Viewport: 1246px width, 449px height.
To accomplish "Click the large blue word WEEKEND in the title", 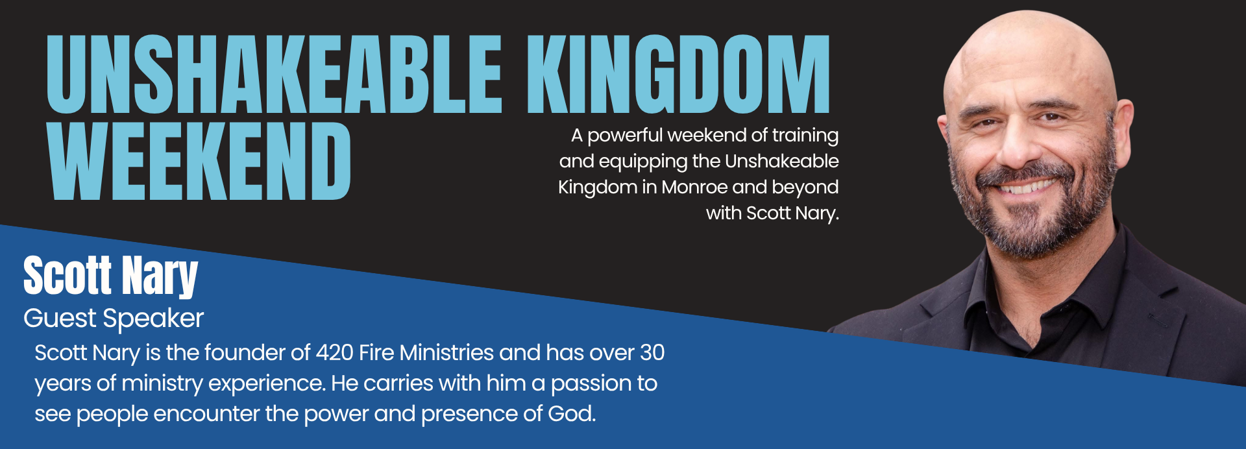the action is [x=199, y=161].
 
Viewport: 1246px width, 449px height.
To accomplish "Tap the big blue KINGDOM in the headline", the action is [x=678, y=74].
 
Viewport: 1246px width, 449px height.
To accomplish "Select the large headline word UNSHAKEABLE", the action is [x=274, y=74].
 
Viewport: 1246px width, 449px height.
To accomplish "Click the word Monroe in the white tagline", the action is [x=695, y=187].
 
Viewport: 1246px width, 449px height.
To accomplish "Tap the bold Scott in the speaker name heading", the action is [x=67, y=275].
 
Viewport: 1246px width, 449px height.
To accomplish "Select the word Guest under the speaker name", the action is [x=60, y=318].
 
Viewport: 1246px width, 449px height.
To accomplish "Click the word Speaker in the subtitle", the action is [x=154, y=319].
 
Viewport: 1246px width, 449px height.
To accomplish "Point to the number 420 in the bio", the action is [x=334, y=352].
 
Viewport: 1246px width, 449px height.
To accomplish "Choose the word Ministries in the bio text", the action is [x=446, y=352].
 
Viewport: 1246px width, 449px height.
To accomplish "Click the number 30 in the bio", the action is [x=652, y=352].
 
